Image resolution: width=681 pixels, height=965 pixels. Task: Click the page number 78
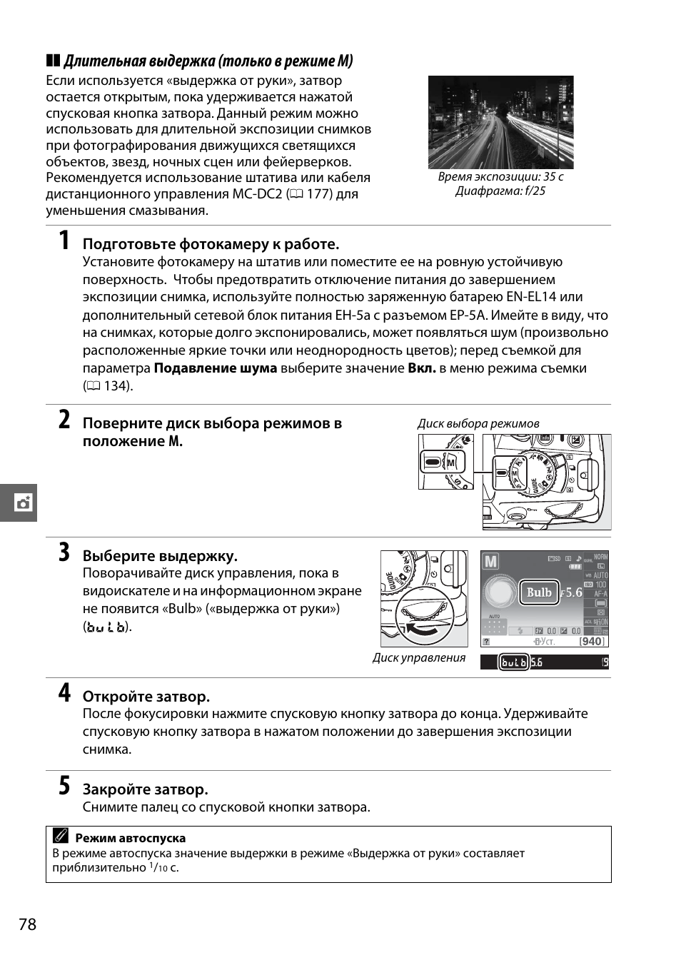[27, 925]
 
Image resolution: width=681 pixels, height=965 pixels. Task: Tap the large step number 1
[64, 241]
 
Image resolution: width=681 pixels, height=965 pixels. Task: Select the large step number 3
[64, 553]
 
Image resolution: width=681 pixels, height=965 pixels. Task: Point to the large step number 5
[64, 787]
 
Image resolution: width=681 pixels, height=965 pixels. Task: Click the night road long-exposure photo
[500, 122]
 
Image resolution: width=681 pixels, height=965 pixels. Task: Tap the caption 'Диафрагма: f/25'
[500, 191]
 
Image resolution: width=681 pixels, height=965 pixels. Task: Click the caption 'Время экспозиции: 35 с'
[500, 176]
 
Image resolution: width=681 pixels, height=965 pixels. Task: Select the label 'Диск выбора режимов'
[478, 423]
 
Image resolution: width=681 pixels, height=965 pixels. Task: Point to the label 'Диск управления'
[419, 657]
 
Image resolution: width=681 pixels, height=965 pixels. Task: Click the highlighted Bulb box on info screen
[539, 592]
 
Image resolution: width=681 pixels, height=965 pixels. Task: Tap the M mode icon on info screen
[491, 562]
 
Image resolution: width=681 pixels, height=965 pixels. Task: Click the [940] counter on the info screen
[592, 641]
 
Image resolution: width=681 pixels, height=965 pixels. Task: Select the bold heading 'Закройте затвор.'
[146, 789]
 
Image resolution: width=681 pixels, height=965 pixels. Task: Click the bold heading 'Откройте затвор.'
[146, 697]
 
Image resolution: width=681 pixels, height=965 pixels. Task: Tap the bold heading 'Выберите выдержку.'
[160, 556]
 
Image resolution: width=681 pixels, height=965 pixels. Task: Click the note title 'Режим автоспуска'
[130, 838]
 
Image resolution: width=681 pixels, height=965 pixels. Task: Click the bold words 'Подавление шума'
[216, 368]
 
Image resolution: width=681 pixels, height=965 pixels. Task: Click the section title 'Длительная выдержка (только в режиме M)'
[208, 61]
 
